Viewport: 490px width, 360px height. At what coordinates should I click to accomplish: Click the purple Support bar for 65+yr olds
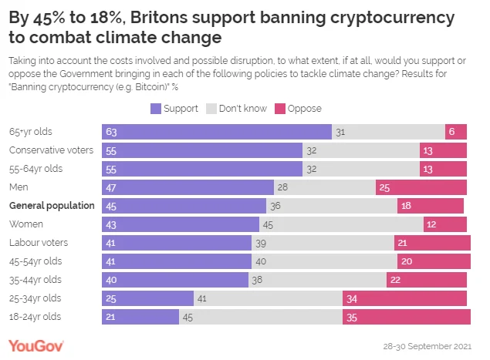(216, 132)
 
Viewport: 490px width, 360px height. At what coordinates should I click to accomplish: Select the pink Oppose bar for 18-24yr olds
(407, 316)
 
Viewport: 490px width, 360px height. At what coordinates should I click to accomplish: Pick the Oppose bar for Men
(421, 187)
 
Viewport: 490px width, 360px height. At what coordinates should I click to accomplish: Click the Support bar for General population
(184, 206)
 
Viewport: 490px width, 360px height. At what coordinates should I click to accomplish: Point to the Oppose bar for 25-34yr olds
(405, 298)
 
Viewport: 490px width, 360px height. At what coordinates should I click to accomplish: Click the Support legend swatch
(155, 109)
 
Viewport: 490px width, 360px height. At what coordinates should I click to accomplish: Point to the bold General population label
(52, 206)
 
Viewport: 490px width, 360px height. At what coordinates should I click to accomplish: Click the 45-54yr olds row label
(35, 261)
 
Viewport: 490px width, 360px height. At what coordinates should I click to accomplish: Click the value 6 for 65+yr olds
(451, 133)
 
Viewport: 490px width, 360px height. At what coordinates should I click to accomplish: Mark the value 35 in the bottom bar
(353, 317)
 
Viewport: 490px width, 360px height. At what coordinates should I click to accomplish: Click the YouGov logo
(36, 345)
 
